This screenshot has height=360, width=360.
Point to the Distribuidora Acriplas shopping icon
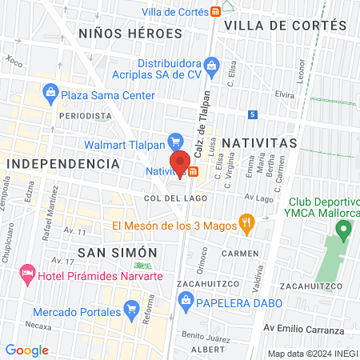211,64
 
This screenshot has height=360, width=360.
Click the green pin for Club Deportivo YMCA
344,231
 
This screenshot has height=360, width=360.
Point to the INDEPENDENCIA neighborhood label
63,163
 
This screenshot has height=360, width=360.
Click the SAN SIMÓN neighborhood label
118,252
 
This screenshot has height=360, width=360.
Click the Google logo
27,350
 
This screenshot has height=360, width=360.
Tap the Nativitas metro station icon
193,171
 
